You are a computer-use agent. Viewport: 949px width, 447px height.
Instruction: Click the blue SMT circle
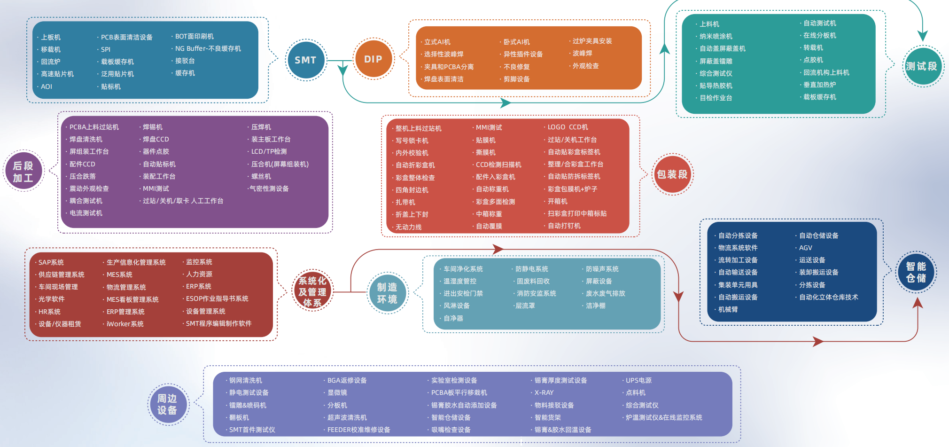click(x=306, y=60)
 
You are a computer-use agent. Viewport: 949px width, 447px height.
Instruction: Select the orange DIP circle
click(x=373, y=59)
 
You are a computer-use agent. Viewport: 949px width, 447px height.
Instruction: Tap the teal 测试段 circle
click(x=922, y=66)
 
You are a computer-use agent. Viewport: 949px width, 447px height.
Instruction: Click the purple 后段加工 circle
click(x=23, y=172)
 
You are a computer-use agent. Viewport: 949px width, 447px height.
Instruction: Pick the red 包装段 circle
click(x=672, y=175)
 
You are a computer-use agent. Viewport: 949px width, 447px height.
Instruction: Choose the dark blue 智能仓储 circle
click(x=916, y=272)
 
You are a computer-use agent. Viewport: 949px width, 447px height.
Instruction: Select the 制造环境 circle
click(x=387, y=293)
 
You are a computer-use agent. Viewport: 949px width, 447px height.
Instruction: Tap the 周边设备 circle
click(x=167, y=404)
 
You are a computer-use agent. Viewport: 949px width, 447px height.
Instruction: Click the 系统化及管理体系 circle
click(x=312, y=292)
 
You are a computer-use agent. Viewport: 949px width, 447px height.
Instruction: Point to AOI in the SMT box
click(x=47, y=86)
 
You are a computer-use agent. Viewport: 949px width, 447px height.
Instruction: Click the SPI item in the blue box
click(x=106, y=49)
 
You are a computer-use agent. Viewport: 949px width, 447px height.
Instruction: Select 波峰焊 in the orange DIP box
click(x=582, y=54)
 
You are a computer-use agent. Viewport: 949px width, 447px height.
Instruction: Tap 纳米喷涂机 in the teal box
click(x=716, y=36)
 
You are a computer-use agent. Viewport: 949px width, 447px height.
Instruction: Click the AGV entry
click(x=805, y=248)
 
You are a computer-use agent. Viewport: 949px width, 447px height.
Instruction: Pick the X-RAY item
click(x=544, y=392)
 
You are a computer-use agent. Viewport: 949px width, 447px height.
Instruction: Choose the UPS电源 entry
click(x=638, y=380)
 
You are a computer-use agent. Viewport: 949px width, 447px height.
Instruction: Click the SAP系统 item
click(x=51, y=262)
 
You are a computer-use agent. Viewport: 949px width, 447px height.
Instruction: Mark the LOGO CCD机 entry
click(x=568, y=127)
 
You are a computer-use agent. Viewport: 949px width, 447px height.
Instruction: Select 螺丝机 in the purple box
click(x=261, y=176)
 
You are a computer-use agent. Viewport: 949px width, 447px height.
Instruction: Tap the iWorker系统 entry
click(x=125, y=324)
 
